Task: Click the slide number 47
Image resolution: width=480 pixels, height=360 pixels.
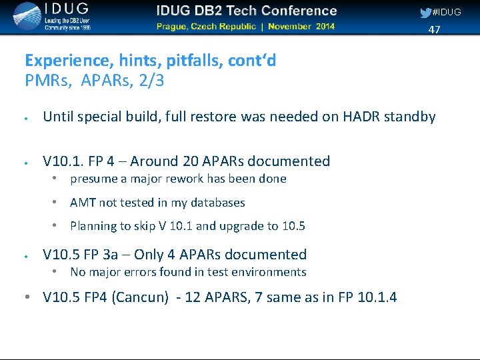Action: point(434,29)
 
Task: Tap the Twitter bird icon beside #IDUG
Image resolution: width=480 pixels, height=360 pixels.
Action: point(425,12)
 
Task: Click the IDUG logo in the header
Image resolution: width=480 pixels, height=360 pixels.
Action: point(50,17)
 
